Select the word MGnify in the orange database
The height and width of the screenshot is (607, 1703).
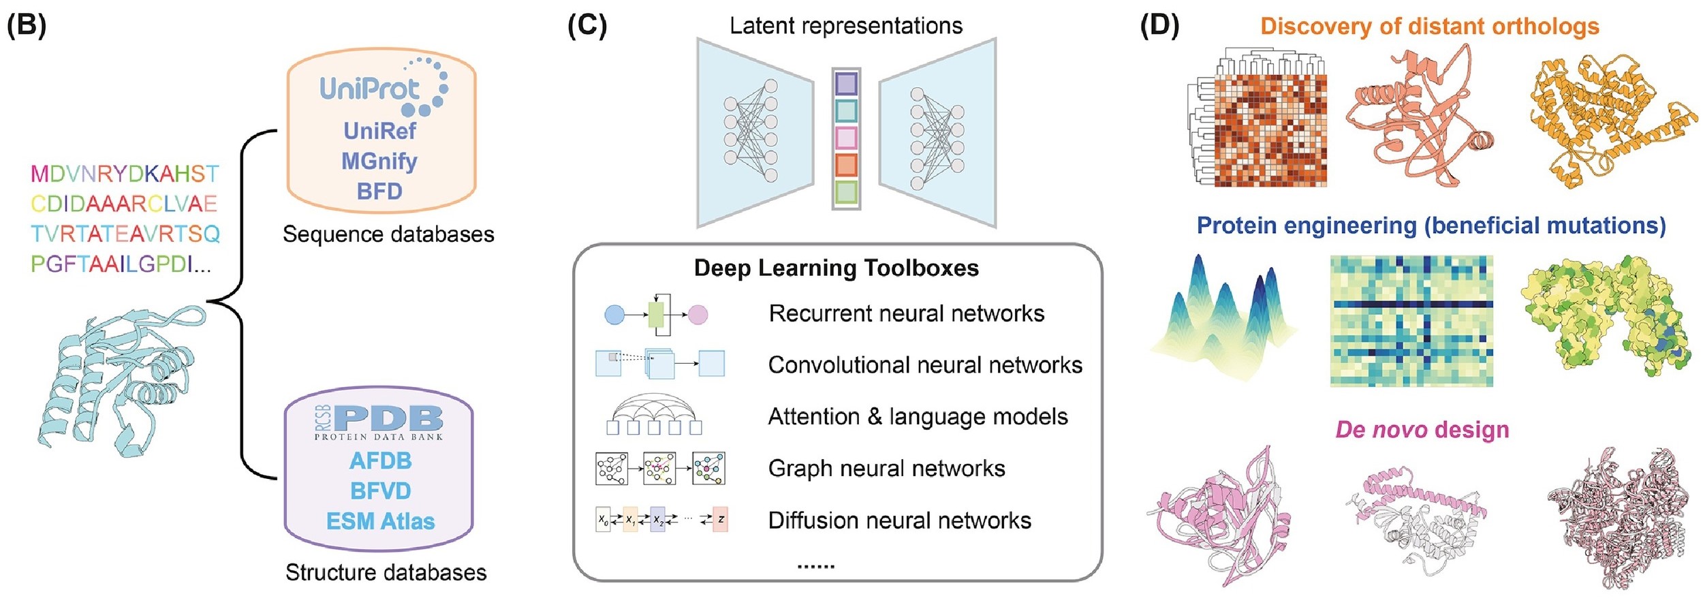379,161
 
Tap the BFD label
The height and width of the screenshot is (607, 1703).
379,191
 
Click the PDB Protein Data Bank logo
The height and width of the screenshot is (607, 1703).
379,422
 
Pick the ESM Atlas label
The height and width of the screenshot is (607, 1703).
380,521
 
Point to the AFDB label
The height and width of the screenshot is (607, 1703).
380,461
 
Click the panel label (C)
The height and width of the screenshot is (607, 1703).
587,26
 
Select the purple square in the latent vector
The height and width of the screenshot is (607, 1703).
846,84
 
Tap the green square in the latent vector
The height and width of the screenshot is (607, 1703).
846,191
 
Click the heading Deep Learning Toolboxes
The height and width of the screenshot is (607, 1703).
836,268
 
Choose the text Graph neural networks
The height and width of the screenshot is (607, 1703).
886,469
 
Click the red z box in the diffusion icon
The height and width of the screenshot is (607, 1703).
720,519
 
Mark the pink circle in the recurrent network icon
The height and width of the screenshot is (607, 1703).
698,315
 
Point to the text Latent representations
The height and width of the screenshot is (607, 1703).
846,26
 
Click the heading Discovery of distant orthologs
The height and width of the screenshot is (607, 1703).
1429,26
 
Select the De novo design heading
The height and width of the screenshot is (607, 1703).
1422,430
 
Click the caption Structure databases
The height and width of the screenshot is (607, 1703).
386,573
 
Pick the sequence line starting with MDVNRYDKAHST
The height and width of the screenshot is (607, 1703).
125,174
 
